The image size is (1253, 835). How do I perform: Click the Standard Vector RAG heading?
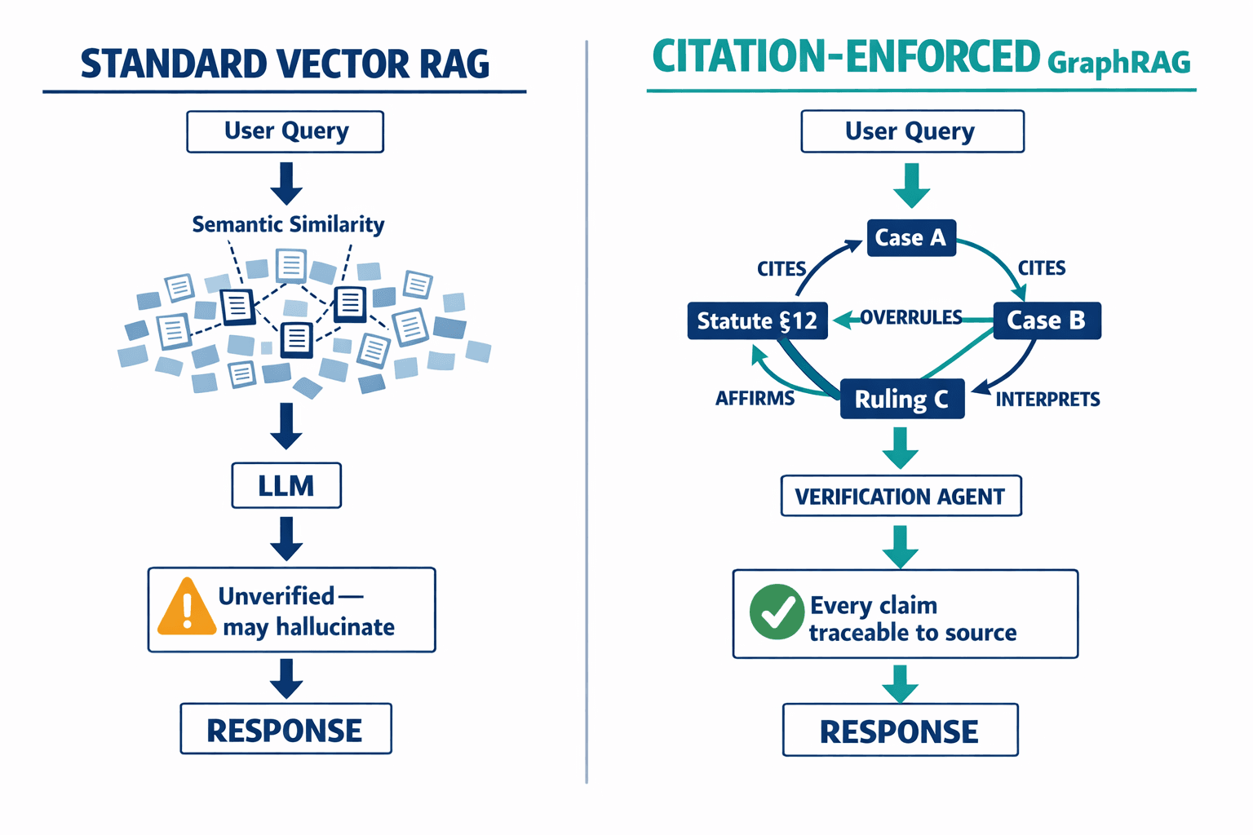[285, 64]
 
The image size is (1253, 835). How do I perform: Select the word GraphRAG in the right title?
[1118, 63]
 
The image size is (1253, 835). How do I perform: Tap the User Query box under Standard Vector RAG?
[286, 131]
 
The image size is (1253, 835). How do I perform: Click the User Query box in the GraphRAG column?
[912, 131]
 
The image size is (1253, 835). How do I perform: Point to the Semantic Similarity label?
[288, 224]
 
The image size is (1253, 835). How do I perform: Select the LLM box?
[286, 486]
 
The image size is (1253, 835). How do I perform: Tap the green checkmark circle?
[777, 612]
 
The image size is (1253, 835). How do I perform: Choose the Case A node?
[910, 238]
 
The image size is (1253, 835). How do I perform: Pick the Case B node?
[1047, 320]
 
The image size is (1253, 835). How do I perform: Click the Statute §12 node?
[757, 321]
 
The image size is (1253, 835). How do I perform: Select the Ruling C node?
[901, 399]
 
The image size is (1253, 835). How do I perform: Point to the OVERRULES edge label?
[911, 317]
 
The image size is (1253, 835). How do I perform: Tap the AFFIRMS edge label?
[755, 398]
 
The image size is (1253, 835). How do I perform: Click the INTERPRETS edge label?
[1047, 399]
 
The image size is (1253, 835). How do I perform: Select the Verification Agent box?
[901, 496]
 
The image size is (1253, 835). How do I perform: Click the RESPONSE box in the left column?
[286, 729]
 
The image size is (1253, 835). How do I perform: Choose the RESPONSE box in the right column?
[900, 731]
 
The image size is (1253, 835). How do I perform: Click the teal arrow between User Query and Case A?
[912, 185]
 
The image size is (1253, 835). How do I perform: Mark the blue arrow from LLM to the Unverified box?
[286, 538]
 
